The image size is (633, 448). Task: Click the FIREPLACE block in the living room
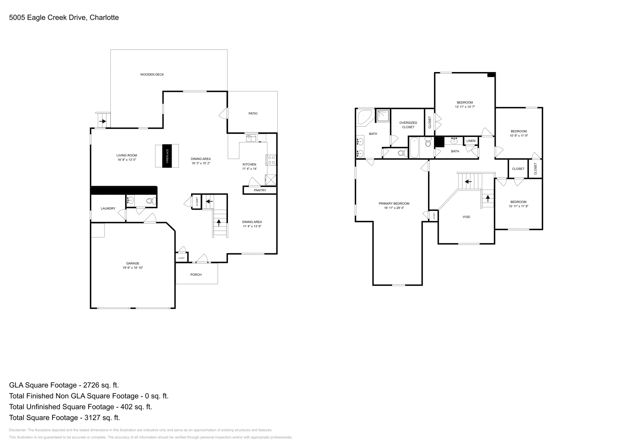[167, 156]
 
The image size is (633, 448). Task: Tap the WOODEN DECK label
[152, 74]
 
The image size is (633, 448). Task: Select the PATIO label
[253, 114]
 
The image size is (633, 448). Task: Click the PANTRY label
[260, 190]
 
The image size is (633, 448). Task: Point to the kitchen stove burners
[272, 160]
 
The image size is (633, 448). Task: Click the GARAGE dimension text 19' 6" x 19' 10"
[133, 268]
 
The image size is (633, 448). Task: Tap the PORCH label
[196, 275]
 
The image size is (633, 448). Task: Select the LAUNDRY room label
[108, 209]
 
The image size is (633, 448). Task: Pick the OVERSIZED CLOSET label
[408, 125]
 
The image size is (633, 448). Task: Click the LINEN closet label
[471, 141]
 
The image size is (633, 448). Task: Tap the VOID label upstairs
[466, 217]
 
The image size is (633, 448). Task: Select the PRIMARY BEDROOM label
[394, 203]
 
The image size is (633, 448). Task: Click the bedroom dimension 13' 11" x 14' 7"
[464, 107]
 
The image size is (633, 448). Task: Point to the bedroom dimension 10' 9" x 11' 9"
[518, 136]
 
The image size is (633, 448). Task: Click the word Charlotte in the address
[104, 17]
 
